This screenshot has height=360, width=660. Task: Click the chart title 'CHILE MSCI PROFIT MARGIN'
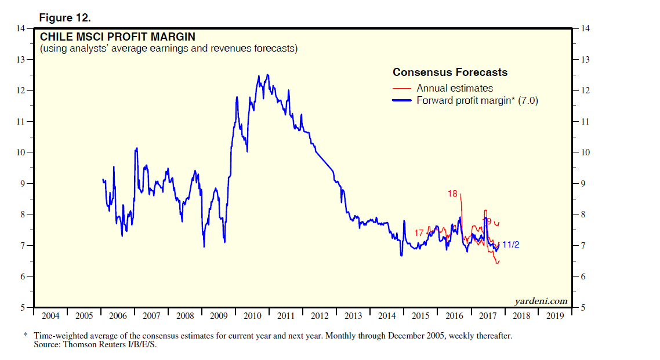click(x=117, y=37)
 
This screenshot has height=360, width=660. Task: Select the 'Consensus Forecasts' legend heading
click(x=450, y=72)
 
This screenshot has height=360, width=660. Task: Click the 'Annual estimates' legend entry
click(x=455, y=88)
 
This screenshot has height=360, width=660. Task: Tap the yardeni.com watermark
click(x=541, y=301)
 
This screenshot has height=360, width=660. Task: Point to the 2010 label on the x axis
click(x=252, y=316)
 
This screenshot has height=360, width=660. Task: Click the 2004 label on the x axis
click(x=50, y=316)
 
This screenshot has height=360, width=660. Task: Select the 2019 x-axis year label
click(x=555, y=316)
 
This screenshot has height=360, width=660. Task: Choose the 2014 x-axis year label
click(x=387, y=316)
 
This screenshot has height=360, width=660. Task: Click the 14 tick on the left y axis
click(x=21, y=28)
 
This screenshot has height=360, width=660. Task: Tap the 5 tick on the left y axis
click(x=23, y=307)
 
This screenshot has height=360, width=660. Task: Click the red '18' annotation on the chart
click(x=453, y=194)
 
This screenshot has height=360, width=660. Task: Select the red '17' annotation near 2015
click(x=419, y=233)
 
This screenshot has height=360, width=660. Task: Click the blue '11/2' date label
click(x=510, y=245)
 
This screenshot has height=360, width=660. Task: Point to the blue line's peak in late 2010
click(x=267, y=75)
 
